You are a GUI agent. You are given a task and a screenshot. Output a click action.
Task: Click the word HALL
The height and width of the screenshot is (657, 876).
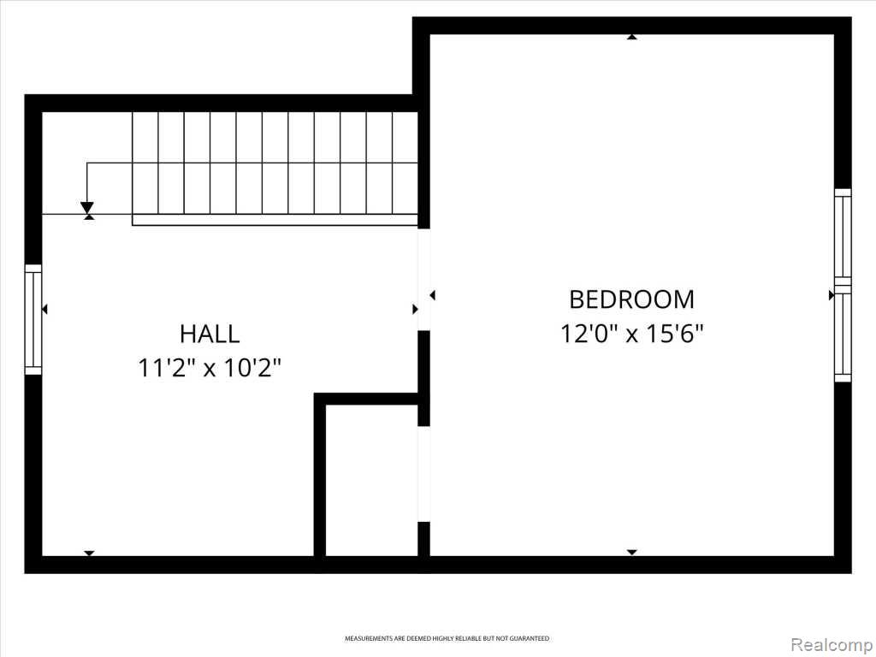click(210, 334)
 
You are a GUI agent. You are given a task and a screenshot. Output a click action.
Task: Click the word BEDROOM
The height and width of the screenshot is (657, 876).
click(631, 299)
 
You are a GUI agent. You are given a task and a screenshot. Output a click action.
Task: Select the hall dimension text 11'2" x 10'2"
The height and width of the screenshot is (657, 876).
click(210, 368)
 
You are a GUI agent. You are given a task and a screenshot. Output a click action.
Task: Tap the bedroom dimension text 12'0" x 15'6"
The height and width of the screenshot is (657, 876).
click(631, 334)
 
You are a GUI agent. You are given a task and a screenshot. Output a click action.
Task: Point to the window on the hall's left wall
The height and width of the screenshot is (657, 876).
click(33, 320)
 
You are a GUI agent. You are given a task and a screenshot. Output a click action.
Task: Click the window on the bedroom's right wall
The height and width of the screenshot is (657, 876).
click(843, 286)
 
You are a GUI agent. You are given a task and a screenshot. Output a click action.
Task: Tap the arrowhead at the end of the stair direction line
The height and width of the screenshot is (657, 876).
click(87, 208)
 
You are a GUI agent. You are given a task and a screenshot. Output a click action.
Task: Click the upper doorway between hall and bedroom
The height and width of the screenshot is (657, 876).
click(424, 280)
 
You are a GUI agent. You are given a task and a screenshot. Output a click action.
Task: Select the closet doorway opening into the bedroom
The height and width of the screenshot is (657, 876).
click(424, 474)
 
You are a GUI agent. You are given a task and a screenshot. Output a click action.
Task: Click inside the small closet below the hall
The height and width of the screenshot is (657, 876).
click(371, 481)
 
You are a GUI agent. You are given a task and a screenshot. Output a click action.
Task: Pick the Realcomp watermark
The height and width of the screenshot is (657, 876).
click(831, 644)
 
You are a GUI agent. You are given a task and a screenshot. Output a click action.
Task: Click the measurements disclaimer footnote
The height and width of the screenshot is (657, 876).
click(447, 638)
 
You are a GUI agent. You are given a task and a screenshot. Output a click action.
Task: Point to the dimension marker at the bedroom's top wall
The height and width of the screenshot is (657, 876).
click(632, 37)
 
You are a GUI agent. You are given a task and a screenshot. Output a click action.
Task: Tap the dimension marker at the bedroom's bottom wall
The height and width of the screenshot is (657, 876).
click(632, 553)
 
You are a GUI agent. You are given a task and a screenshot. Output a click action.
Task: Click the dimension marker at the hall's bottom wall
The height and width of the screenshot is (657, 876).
click(89, 553)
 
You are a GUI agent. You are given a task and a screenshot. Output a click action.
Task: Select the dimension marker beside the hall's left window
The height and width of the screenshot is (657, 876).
click(44, 309)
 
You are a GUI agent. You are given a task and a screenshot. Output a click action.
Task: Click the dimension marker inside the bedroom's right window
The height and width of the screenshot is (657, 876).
click(832, 295)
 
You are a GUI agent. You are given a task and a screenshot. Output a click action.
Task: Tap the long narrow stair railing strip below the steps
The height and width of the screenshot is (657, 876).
click(275, 220)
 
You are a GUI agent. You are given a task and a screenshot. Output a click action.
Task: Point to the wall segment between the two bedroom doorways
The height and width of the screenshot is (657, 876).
click(424, 378)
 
